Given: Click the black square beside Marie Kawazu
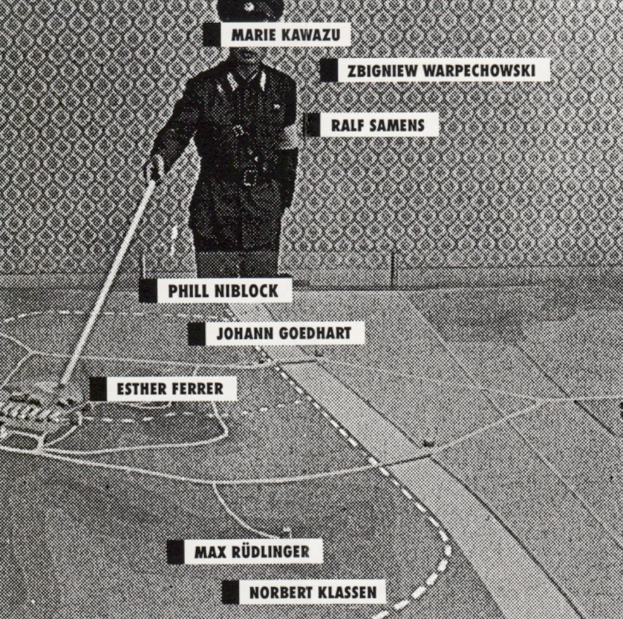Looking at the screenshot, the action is (212, 35).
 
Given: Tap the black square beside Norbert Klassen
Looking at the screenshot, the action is (230, 592).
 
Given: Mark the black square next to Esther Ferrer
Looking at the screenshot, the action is (98, 389).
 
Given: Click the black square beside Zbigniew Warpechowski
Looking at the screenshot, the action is (329, 71).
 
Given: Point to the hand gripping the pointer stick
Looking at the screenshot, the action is (155, 168).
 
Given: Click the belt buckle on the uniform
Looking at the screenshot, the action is (251, 177).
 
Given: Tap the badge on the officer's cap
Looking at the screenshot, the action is (251, 7).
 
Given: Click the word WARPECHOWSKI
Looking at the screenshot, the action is (479, 71).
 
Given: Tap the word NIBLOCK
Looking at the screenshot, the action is (247, 291).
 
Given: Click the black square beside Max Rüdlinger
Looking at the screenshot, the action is (176, 551).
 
